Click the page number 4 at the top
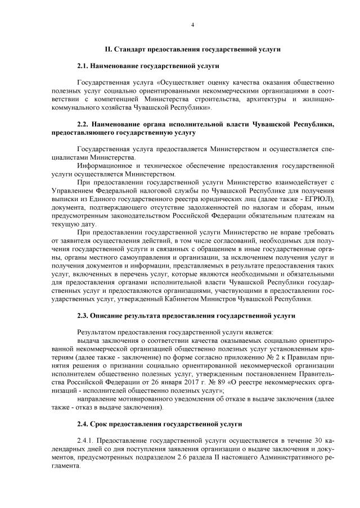pyautogui.click(x=192, y=25)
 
